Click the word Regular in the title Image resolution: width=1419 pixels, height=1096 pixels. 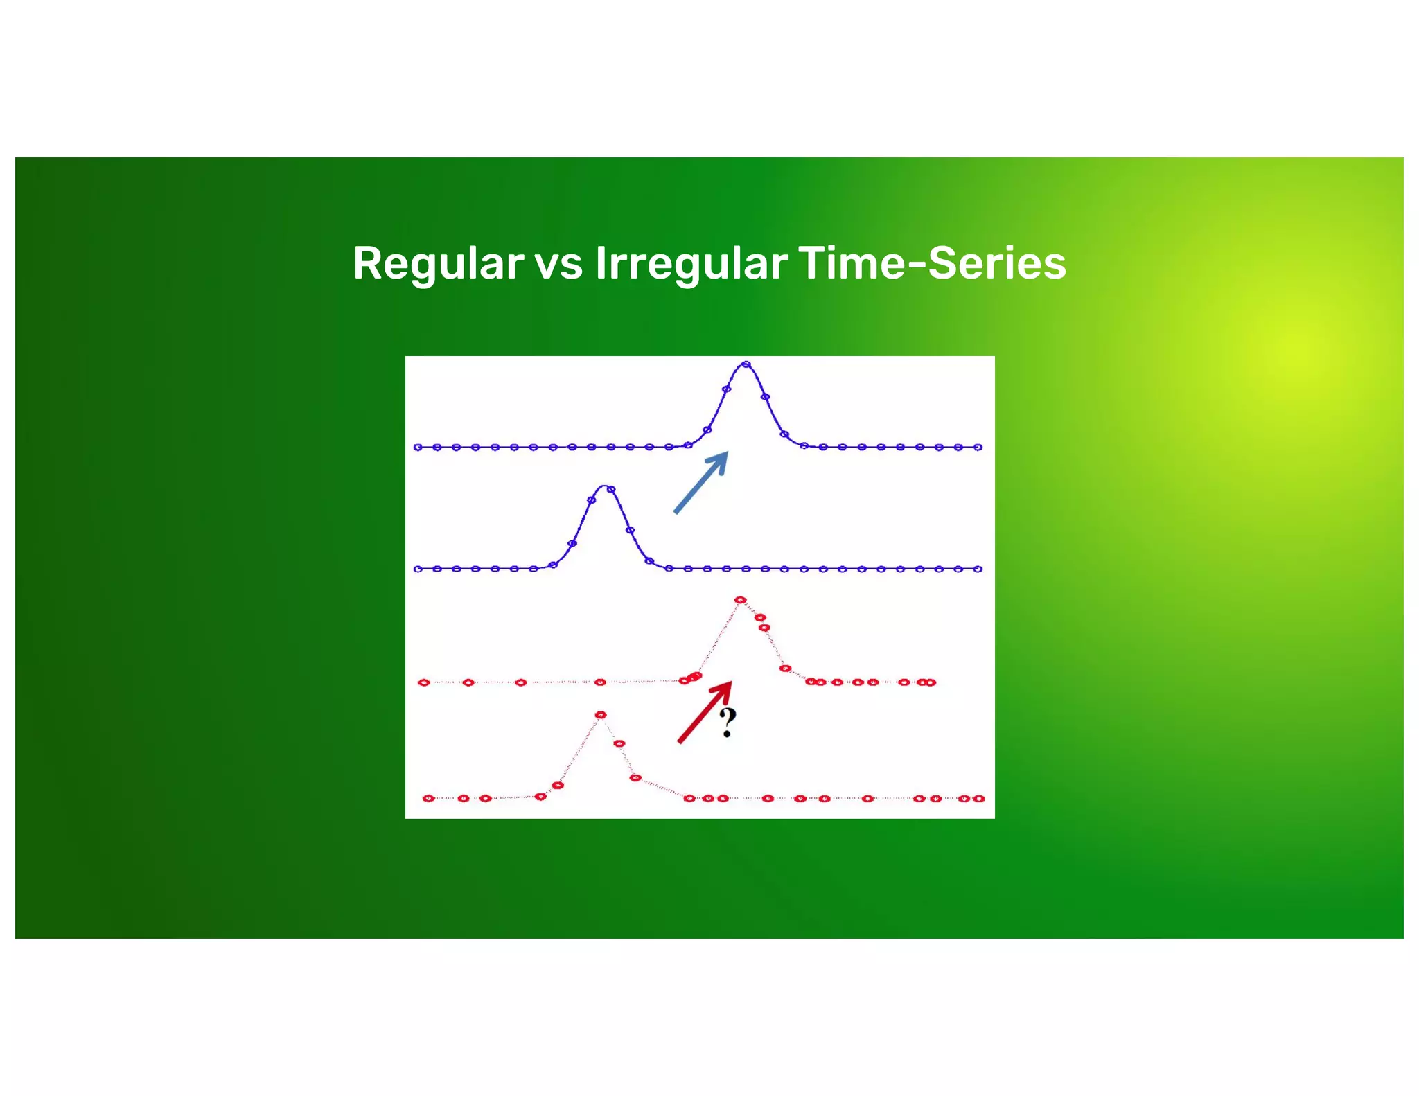point(438,263)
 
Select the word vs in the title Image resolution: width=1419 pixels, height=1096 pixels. point(558,263)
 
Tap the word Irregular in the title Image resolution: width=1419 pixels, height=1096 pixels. point(691,263)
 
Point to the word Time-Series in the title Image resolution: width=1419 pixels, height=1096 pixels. point(932,263)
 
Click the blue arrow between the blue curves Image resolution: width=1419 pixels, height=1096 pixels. point(700,482)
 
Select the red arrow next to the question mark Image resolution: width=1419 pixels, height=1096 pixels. point(704,713)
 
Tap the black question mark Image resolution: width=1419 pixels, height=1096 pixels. point(727,723)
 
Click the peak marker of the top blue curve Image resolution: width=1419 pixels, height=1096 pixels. point(746,364)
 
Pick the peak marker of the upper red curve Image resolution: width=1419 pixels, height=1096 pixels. point(740,599)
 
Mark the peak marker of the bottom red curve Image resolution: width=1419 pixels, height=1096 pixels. point(601,714)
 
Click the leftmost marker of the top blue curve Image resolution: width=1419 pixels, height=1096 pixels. point(418,448)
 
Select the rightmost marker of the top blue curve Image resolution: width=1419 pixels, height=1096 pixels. point(978,448)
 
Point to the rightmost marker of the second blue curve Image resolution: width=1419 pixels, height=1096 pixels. point(978,569)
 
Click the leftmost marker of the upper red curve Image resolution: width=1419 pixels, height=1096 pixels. point(424,682)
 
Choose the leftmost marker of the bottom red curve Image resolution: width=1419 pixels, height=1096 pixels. point(429,798)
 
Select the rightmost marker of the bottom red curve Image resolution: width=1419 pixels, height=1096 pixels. point(978,798)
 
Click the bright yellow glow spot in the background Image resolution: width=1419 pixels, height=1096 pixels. point(1292,350)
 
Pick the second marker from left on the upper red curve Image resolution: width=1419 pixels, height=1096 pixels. point(468,682)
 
